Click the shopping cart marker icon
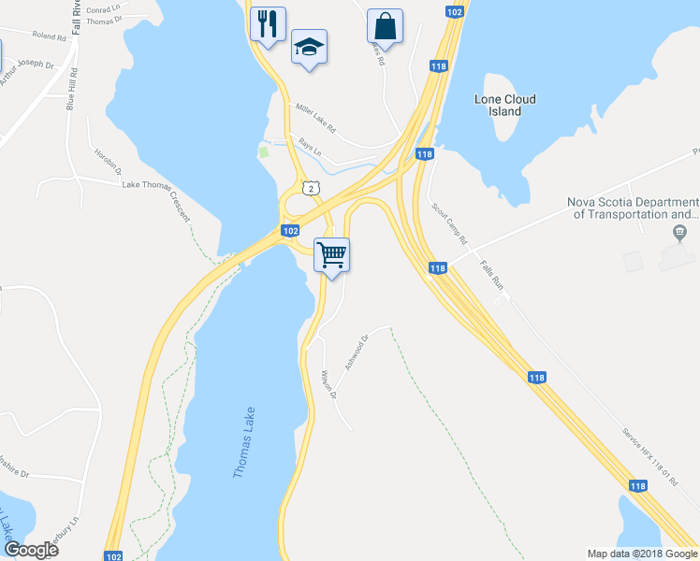pyautogui.click(x=332, y=253)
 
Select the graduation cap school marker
pyautogui.click(x=309, y=48)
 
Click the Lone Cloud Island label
pyautogui.click(x=504, y=105)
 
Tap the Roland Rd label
pyautogui.click(x=49, y=36)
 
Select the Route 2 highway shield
pyautogui.click(x=309, y=188)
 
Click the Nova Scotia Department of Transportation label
pyautogui.click(x=634, y=209)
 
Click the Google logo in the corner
pyautogui.click(x=30, y=550)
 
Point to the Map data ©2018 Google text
pyautogui.click(x=642, y=554)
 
